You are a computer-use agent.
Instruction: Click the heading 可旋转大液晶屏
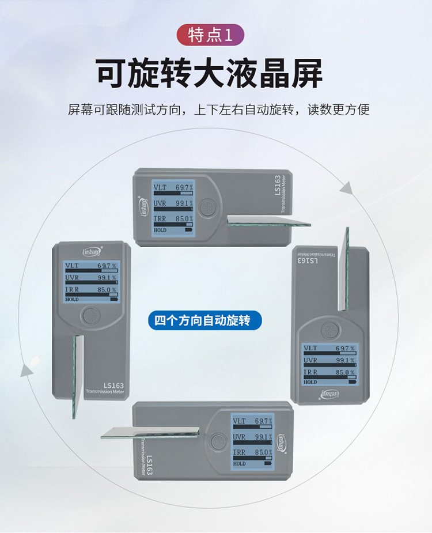209,73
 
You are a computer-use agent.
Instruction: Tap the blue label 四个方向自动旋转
208,320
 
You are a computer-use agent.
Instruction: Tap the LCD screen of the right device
328,364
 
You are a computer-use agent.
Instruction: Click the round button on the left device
90,316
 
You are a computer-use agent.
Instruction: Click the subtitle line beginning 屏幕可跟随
218,109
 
